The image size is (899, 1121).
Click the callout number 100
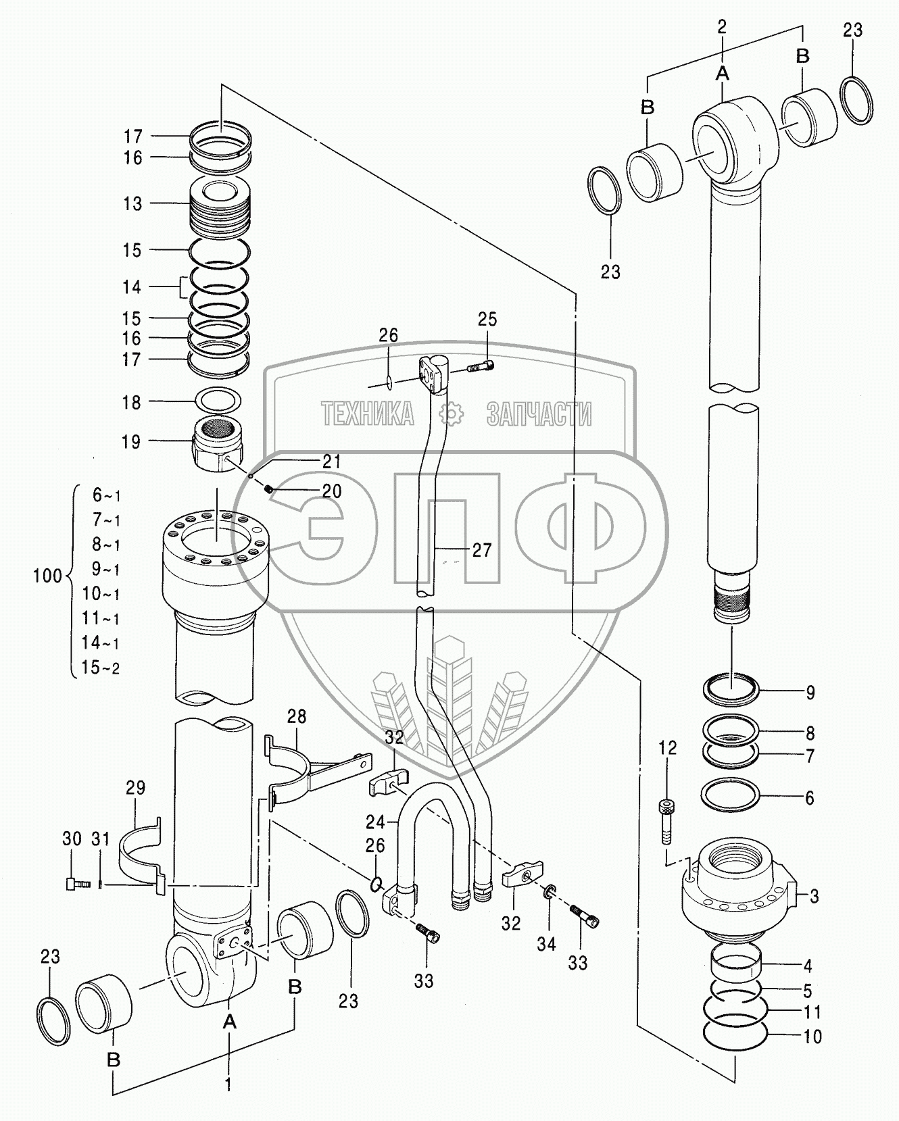(x=47, y=576)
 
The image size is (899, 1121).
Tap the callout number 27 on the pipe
(x=482, y=551)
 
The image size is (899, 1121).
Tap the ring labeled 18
(x=218, y=401)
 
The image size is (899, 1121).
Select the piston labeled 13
(x=218, y=203)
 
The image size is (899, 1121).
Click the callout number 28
(x=297, y=716)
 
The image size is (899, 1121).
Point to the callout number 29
(x=135, y=787)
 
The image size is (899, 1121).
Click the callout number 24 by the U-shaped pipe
(x=375, y=822)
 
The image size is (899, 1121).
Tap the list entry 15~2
(x=101, y=668)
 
